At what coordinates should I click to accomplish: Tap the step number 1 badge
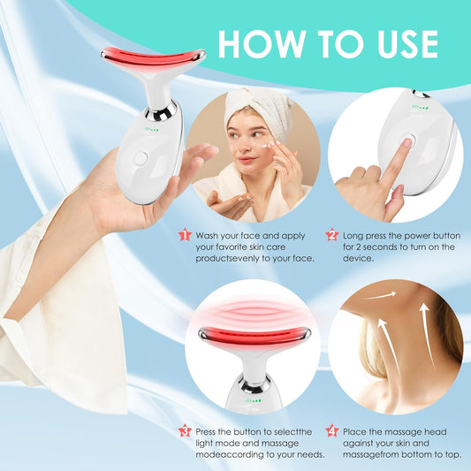pyautogui.click(x=185, y=235)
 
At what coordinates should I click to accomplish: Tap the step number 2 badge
pyautogui.click(x=331, y=235)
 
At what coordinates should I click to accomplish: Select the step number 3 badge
pyautogui.click(x=185, y=430)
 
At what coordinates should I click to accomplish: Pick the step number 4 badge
pyautogui.click(x=331, y=430)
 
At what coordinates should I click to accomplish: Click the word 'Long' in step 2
pyautogui.click(x=357, y=236)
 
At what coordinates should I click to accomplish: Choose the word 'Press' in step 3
pyautogui.click(x=213, y=431)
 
